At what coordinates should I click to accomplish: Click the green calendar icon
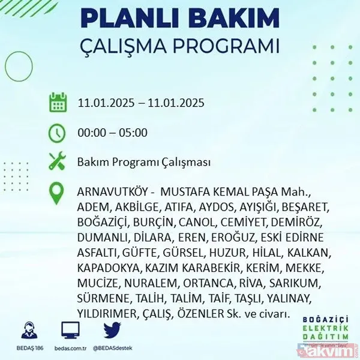(x=58, y=103)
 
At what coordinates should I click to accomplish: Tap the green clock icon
(x=58, y=133)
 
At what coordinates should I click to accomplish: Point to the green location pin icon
(x=58, y=193)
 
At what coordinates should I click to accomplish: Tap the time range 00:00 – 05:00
(x=112, y=133)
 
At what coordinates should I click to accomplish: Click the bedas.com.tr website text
(x=70, y=347)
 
